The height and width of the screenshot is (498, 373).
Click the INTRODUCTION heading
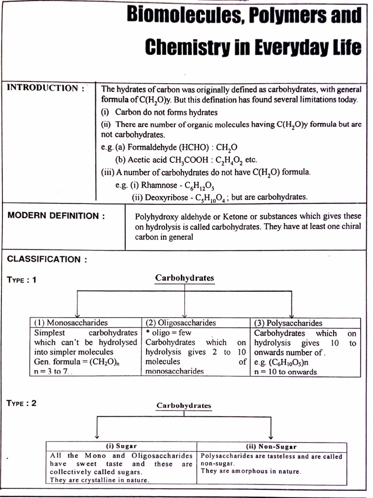(x=43, y=88)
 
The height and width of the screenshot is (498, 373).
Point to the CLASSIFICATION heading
(x=47, y=259)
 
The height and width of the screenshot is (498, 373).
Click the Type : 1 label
(x=22, y=280)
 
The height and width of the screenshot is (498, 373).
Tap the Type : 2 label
(x=22, y=403)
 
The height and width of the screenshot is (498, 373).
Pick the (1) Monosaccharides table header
(x=71, y=323)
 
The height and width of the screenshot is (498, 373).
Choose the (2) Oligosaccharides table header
(x=181, y=323)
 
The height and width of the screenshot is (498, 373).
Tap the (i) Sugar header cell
(x=121, y=446)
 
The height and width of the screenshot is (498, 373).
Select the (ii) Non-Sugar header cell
(x=271, y=446)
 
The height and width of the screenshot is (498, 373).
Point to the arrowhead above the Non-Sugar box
(x=271, y=436)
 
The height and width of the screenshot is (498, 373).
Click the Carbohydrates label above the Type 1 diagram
(x=185, y=278)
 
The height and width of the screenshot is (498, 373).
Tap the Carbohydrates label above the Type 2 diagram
(x=184, y=405)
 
